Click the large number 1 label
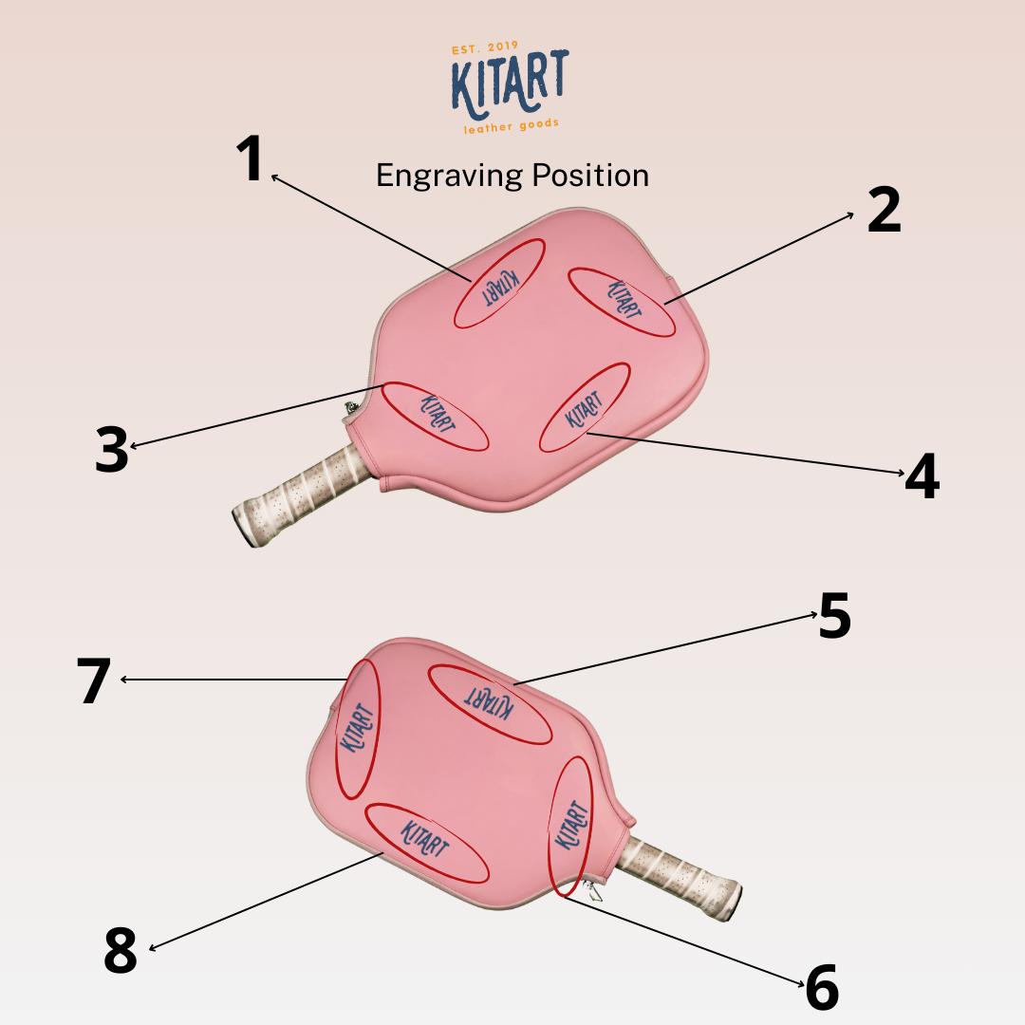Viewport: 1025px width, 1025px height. (x=251, y=158)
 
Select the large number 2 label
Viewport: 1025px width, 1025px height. (x=884, y=211)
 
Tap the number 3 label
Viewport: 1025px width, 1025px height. (x=112, y=450)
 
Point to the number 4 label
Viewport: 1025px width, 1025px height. (x=922, y=476)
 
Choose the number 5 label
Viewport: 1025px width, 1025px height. (x=835, y=616)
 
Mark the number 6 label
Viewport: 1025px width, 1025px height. (x=822, y=988)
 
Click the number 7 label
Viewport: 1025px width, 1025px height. (x=94, y=680)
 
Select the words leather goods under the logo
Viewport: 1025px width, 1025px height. (x=511, y=126)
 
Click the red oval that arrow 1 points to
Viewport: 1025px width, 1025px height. (x=498, y=284)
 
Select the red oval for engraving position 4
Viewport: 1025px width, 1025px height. (x=585, y=407)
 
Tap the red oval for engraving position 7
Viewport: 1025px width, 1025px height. (x=358, y=728)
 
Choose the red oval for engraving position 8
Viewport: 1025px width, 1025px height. (x=426, y=842)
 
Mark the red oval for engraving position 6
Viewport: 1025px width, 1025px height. (x=571, y=826)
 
